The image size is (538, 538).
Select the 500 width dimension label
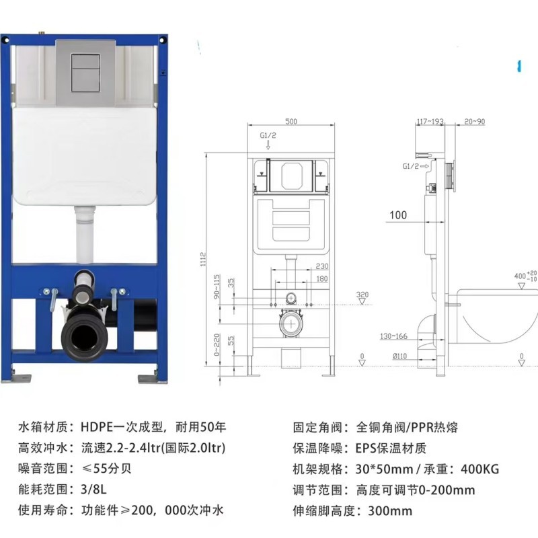291,122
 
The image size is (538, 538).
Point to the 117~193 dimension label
430,122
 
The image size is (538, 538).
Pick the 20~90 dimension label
474,122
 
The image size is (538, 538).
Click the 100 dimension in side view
397,215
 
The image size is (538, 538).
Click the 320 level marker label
362,295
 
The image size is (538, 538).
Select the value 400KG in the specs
477,469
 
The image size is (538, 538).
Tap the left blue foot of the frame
21,375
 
